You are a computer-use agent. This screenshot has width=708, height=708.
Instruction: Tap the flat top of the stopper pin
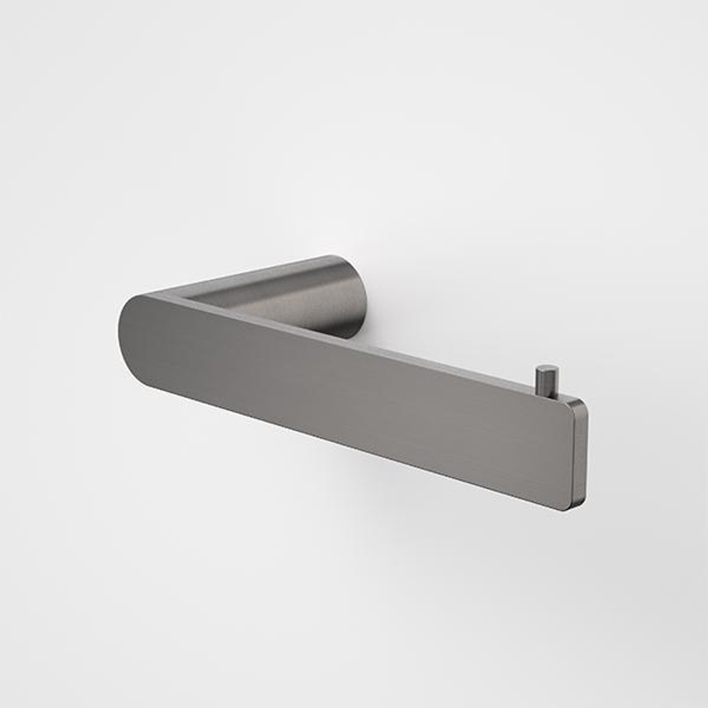pos(547,369)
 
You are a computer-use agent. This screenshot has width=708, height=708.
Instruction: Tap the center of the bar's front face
pos(347,400)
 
